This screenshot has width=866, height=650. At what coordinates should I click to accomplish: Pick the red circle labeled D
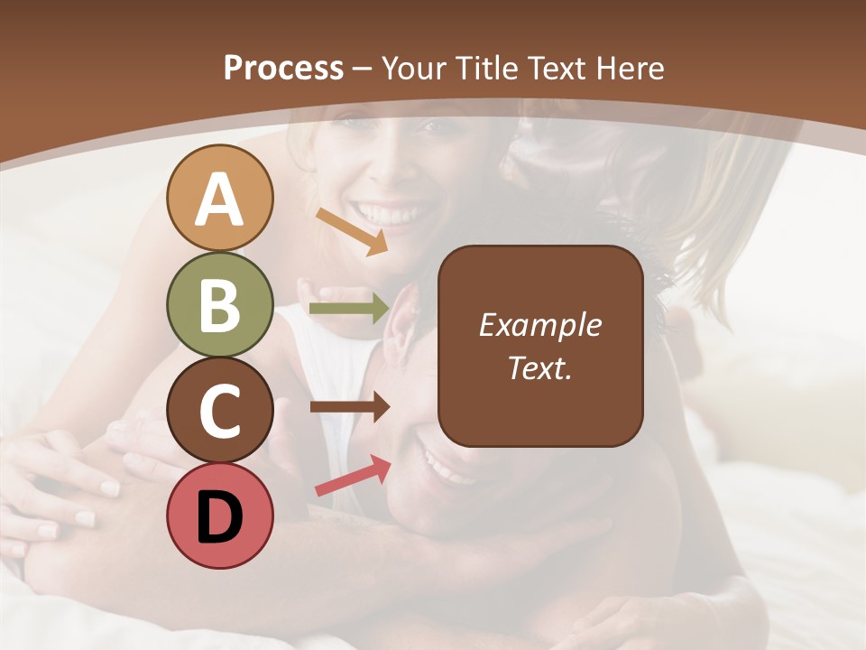pos(219,515)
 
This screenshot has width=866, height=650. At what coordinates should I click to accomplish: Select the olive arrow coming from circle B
pos(350,309)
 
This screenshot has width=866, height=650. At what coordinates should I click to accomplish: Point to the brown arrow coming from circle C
pos(350,407)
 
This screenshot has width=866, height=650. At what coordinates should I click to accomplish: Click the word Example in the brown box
pos(540,325)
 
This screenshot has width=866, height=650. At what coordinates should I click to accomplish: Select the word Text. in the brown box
pos(540,368)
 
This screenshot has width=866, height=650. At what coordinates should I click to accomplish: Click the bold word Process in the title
pos(283,68)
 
